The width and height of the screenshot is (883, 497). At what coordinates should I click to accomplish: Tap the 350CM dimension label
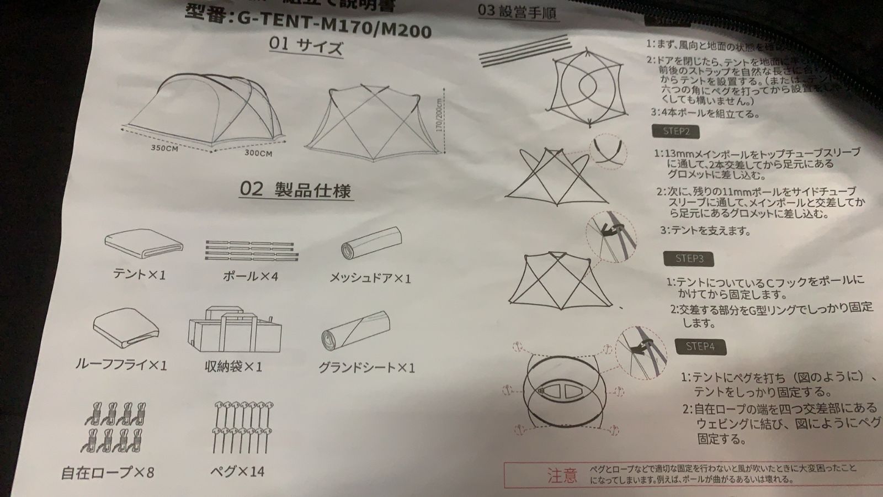point(164,149)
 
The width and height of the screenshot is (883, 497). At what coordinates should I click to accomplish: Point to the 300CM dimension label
point(258,153)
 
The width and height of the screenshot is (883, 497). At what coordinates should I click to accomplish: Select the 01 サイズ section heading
point(306,46)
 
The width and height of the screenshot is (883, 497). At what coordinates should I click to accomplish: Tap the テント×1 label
point(139,274)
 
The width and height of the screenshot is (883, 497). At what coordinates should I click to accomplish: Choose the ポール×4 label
point(250,276)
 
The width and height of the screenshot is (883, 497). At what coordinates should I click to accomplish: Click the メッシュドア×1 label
point(370,278)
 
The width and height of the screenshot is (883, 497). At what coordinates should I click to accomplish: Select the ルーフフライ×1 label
point(121,365)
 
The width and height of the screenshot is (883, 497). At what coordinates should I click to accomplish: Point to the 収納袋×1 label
point(233,366)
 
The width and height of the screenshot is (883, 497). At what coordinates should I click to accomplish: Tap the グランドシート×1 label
point(366,368)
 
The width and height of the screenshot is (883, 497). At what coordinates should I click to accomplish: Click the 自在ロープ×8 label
point(108,473)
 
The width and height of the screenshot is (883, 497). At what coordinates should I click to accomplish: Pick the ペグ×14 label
point(238,471)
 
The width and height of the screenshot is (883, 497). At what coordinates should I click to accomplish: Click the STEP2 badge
point(675,131)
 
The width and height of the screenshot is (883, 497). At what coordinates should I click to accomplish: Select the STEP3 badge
point(689,258)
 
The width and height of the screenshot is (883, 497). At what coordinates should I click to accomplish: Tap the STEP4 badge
point(700,346)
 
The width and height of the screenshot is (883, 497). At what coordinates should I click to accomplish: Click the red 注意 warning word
point(562,474)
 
